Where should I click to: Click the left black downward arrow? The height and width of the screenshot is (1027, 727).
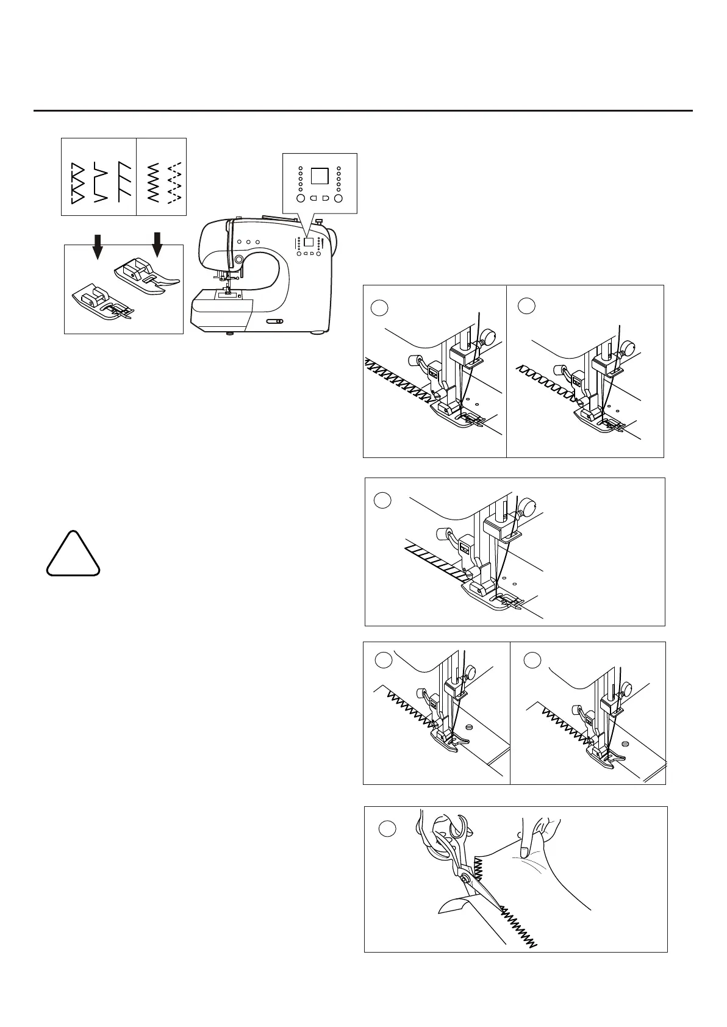(x=98, y=245)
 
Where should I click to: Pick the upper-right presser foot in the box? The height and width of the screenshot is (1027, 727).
(x=145, y=273)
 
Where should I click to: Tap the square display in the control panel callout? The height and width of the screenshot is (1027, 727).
(x=320, y=176)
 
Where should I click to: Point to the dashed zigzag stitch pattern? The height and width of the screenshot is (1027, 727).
(x=175, y=182)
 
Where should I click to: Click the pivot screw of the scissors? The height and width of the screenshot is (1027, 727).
(x=465, y=878)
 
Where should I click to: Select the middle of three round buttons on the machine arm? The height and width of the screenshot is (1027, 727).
(x=248, y=242)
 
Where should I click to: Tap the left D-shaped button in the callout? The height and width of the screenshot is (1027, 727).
(x=312, y=198)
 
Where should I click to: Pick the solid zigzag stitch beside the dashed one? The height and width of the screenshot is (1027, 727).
(x=154, y=182)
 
